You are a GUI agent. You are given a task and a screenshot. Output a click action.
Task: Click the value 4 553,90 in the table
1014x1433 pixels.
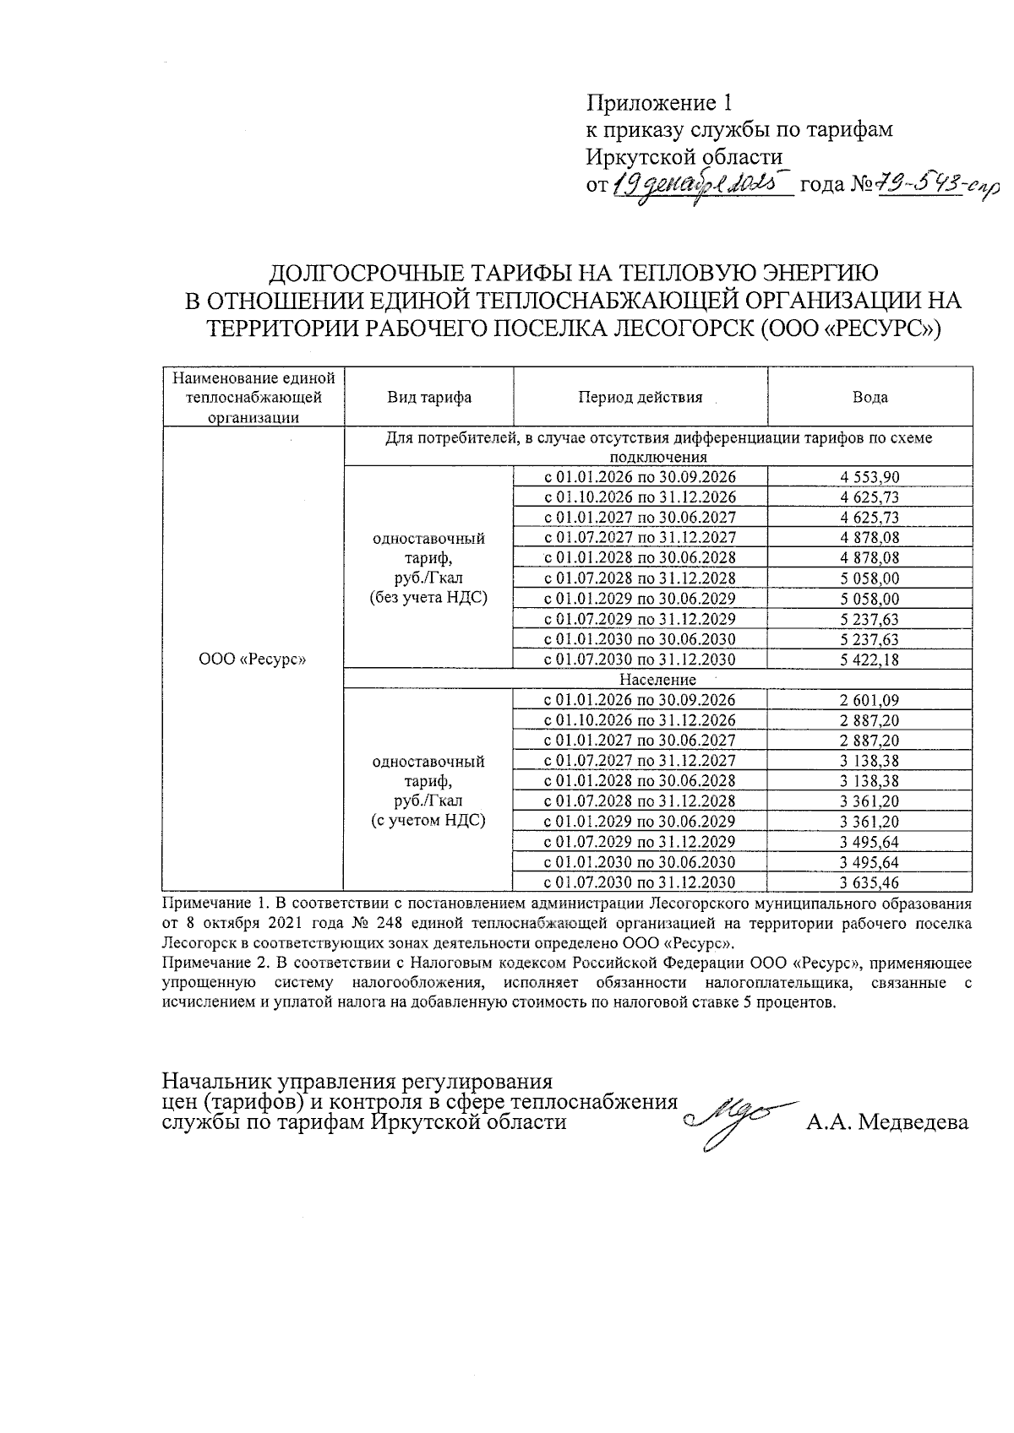[870, 477]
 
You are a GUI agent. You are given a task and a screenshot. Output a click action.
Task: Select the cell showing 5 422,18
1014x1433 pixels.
[870, 660]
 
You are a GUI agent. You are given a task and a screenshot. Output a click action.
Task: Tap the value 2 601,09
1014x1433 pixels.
[870, 700]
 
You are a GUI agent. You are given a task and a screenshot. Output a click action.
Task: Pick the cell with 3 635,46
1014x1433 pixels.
[870, 883]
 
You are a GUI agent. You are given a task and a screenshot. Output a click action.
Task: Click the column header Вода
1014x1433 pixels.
[870, 398]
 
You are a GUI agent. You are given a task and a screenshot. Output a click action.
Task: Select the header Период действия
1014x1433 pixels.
[640, 398]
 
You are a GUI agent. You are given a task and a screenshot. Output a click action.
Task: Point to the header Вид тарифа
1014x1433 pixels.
[429, 398]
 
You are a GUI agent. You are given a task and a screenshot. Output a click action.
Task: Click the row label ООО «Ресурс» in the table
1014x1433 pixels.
[253, 660]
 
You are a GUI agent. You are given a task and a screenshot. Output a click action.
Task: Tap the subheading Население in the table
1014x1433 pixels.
[657, 680]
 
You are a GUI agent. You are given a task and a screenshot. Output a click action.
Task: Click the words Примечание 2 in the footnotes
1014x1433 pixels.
[208, 963]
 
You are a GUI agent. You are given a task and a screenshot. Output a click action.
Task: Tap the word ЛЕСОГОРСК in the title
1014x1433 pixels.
[684, 328]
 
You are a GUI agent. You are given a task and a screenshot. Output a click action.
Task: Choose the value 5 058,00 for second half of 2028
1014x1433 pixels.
[870, 578]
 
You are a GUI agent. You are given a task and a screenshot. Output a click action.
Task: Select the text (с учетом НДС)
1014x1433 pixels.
[429, 821]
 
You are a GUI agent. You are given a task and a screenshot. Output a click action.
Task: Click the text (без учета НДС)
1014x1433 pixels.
[429, 598]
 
